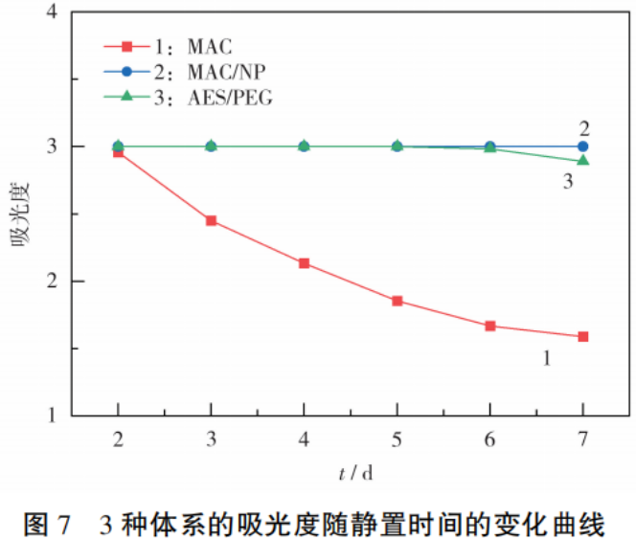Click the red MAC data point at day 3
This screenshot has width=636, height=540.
211,221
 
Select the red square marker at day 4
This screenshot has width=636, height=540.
304,263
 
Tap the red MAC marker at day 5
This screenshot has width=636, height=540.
397,301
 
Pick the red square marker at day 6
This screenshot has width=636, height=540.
489,326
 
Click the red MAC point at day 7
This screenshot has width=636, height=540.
582,337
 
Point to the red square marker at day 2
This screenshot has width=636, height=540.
118,152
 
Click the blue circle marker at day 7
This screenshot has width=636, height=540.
582,146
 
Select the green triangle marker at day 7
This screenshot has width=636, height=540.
582,160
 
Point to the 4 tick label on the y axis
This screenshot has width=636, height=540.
79,12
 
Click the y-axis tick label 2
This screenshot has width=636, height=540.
79,281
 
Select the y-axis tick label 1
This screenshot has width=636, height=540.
79,416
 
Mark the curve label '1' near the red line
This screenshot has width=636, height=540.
545,358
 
